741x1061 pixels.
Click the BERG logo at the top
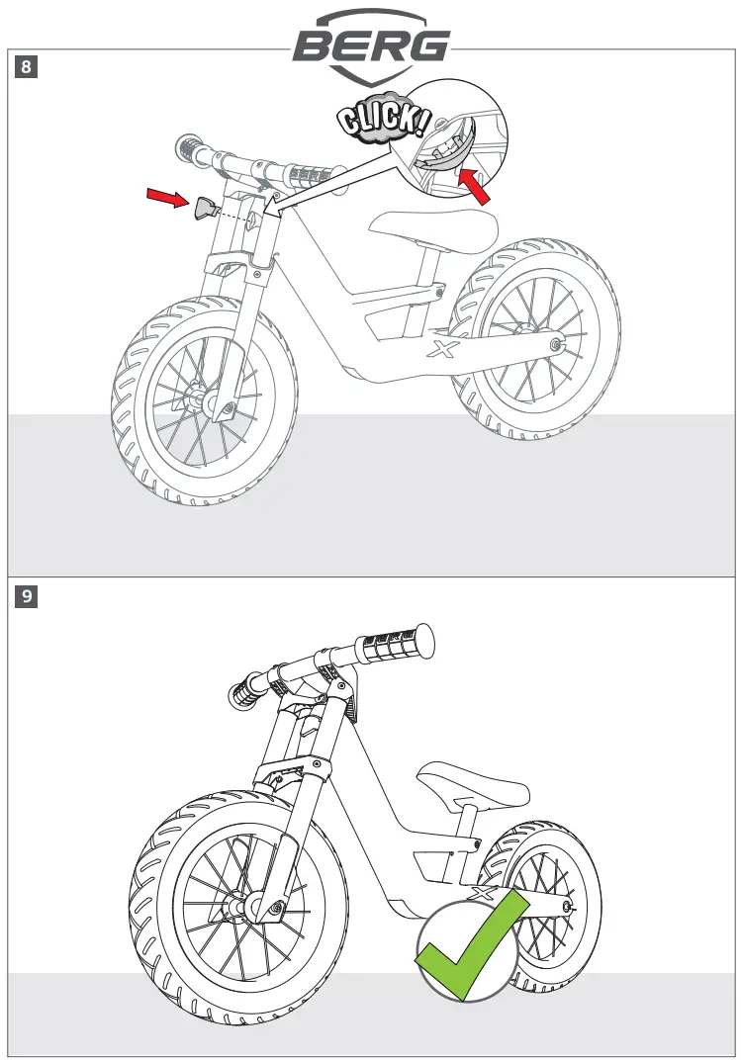370,44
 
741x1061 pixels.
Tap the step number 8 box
26,67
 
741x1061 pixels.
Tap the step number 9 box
26,596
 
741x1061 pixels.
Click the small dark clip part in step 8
205,209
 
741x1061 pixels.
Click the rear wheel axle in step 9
566,904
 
